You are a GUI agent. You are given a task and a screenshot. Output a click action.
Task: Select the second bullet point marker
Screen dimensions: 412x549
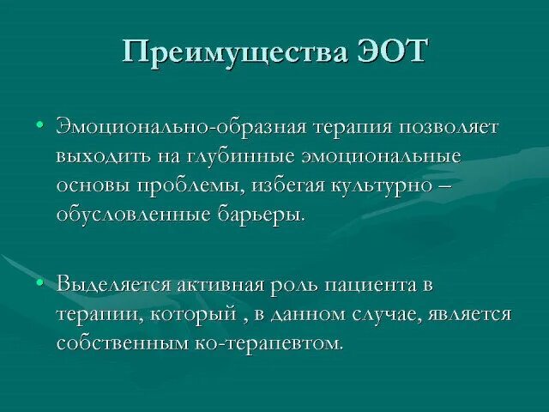(x=39, y=282)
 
